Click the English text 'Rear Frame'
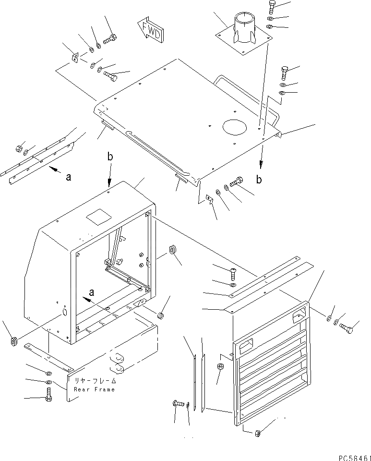95,389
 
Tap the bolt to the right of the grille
347,328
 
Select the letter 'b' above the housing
110,157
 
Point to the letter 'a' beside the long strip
69,177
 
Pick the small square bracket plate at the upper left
75,58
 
